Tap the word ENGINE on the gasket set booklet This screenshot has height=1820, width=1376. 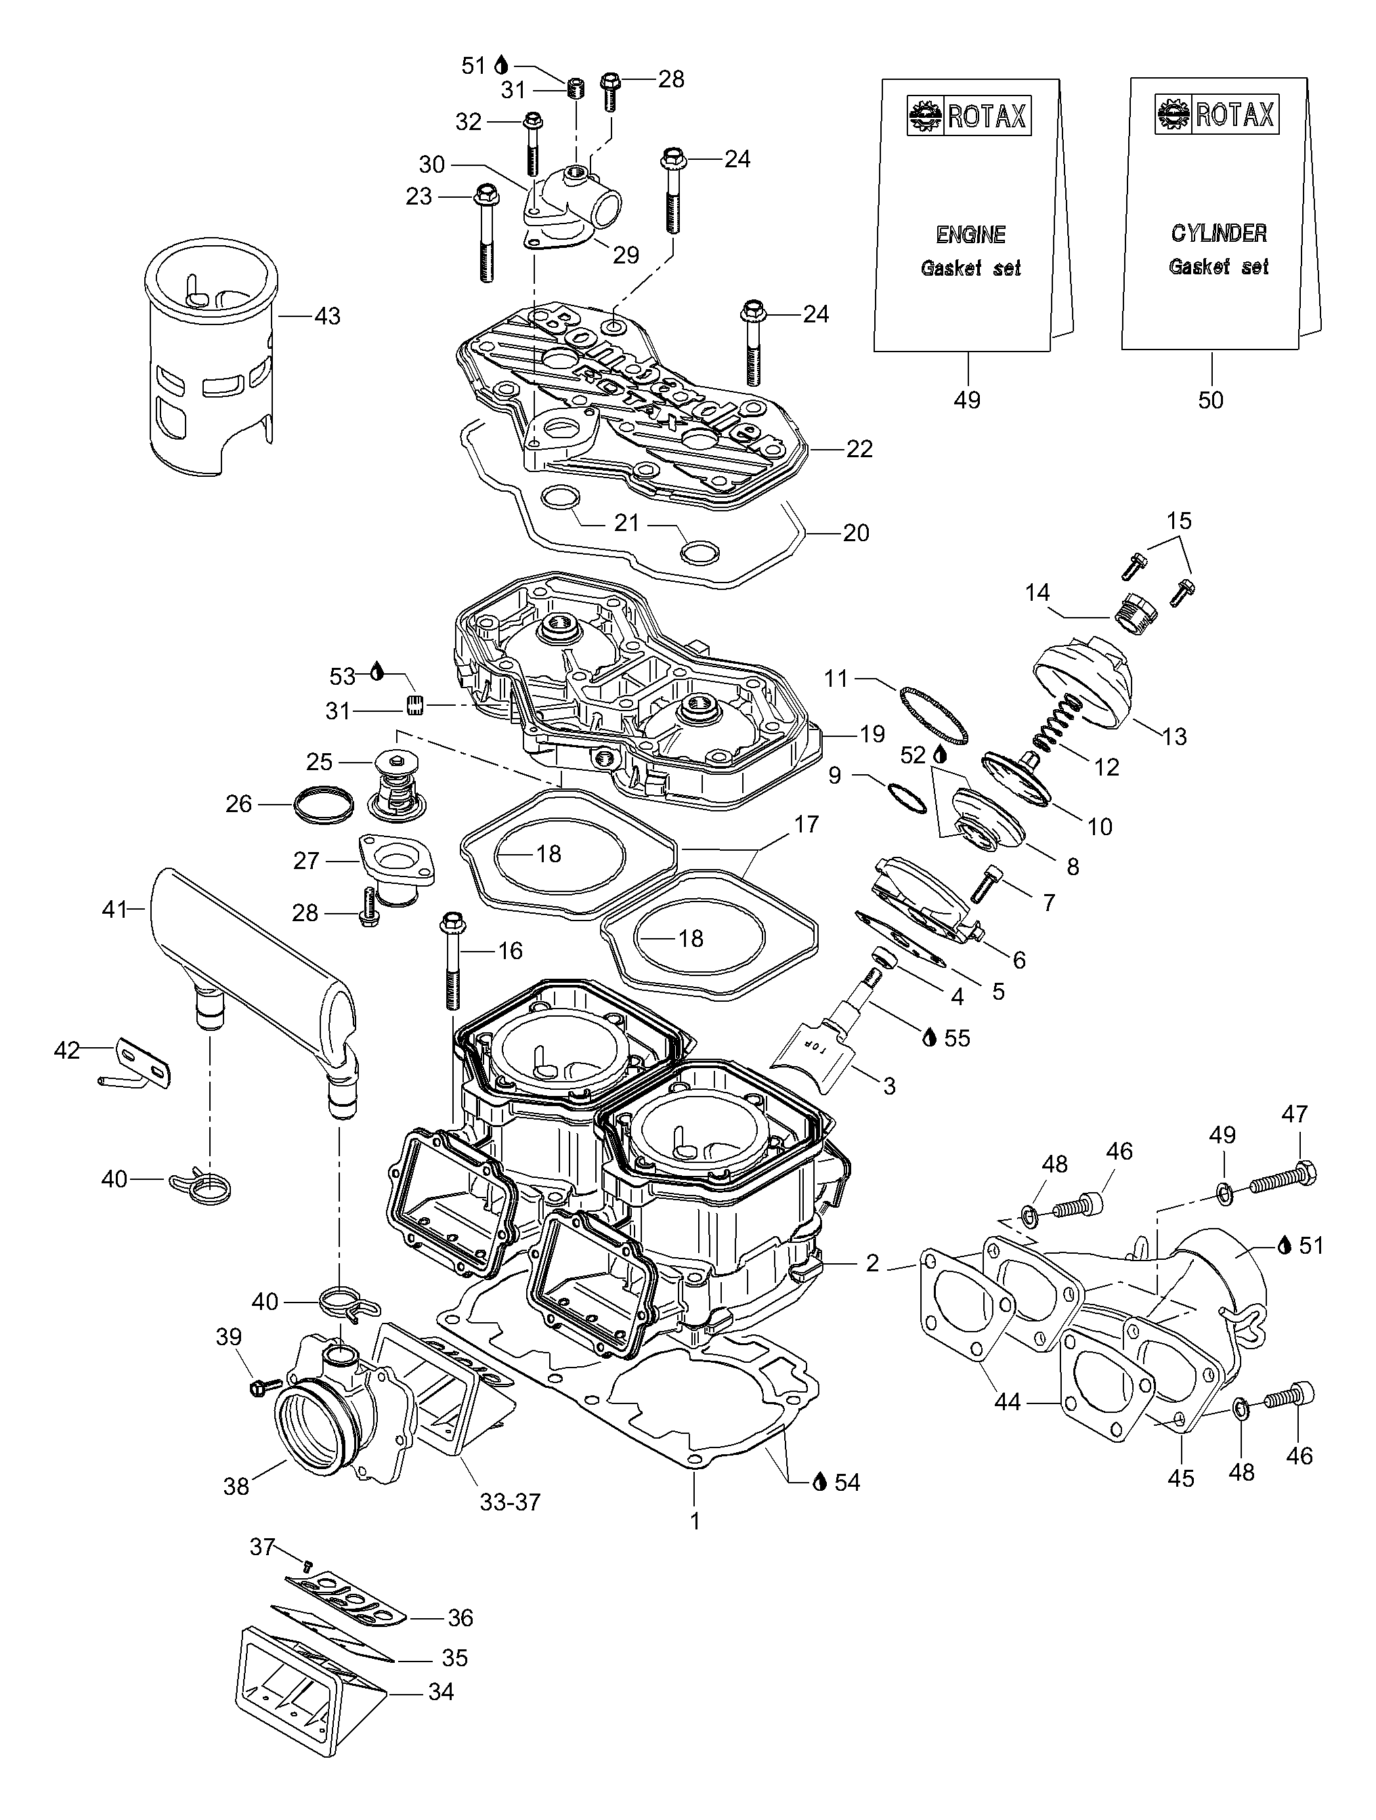coord(970,234)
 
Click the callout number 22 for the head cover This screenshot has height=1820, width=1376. coord(859,449)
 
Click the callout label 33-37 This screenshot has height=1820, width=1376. coord(510,1502)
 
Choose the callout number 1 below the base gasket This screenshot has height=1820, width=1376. coord(694,1521)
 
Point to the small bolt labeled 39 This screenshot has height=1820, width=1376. coord(256,1387)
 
